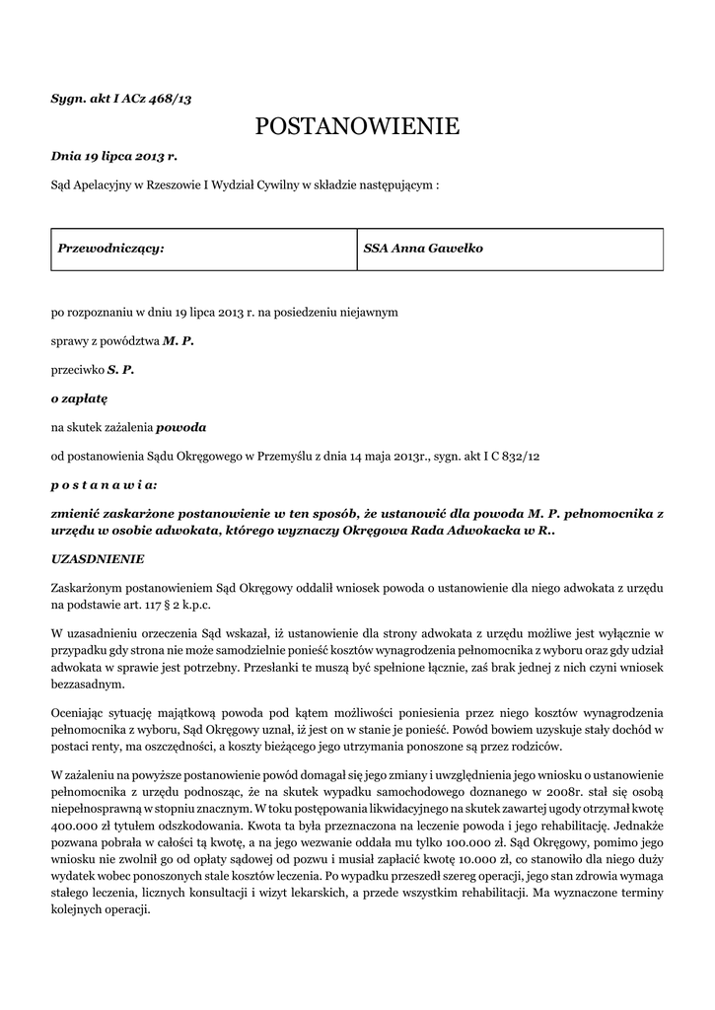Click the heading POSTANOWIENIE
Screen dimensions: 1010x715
coord(357,126)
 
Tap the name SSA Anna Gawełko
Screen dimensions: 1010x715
coord(423,249)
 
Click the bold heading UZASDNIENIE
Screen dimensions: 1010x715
coord(98,558)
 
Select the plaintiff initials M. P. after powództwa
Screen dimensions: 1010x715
coord(179,340)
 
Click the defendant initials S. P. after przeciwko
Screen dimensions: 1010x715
coord(120,370)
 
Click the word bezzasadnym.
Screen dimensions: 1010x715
coord(88,684)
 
